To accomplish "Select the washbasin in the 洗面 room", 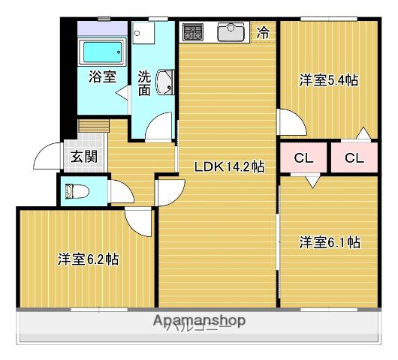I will pyautogui.click(x=164, y=84).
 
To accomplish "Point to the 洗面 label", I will pyautogui.click(x=145, y=83).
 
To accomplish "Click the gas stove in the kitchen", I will pyautogui.click(x=193, y=33).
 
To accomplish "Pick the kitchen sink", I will pyautogui.click(x=232, y=32).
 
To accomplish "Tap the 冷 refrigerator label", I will pyautogui.click(x=263, y=32).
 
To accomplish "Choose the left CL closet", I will pyautogui.click(x=303, y=158).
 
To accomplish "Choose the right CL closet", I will pyautogui.click(x=354, y=158).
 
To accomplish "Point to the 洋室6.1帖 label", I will pyautogui.click(x=330, y=241).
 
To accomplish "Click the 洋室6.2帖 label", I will pyautogui.click(x=88, y=259).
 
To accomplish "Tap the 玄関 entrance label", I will pyautogui.click(x=83, y=157).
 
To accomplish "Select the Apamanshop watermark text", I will pyautogui.click(x=199, y=321).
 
